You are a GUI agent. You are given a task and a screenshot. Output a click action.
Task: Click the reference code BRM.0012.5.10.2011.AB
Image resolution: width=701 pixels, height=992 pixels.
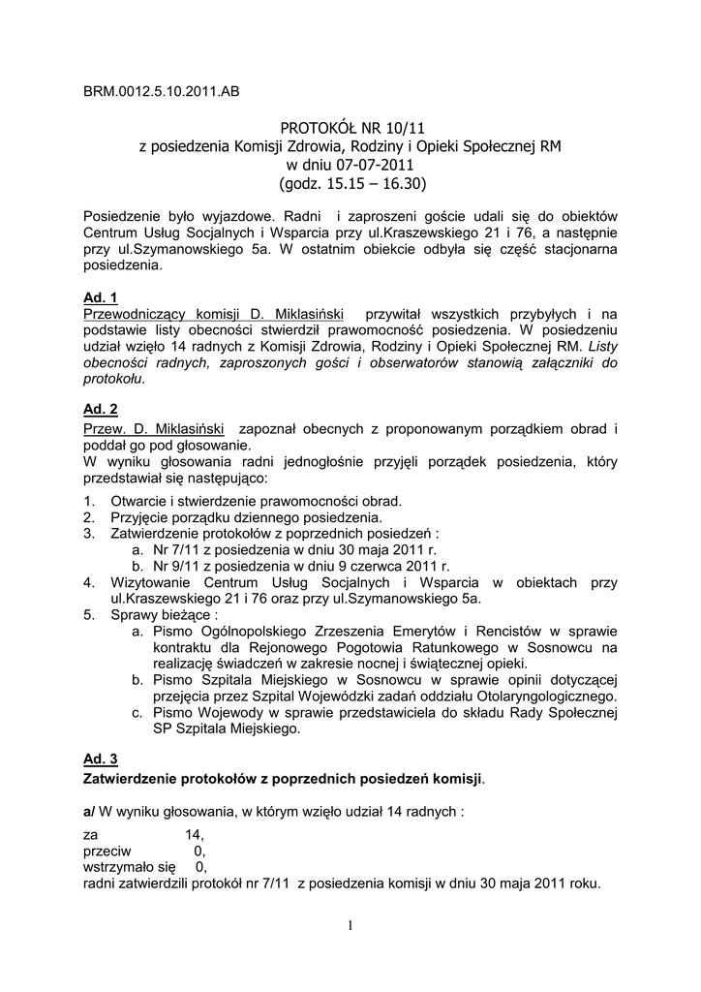pyautogui.click(x=162, y=92)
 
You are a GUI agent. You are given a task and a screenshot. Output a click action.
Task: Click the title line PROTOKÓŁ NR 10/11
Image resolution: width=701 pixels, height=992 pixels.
pyautogui.click(x=352, y=127)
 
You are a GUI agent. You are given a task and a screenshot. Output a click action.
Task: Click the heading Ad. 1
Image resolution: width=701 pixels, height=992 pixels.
pyautogui.click(x=101, y=298)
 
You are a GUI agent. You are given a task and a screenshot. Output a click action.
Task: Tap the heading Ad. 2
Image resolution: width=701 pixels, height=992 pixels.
pyautogui.click(x=101, y=410)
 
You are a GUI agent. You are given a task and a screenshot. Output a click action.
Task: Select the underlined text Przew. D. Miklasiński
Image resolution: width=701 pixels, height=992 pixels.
pyautogui.click(x=155, y=427)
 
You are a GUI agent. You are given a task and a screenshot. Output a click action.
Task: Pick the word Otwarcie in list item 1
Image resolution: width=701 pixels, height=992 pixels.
pyautogui.click(x=139, y=501)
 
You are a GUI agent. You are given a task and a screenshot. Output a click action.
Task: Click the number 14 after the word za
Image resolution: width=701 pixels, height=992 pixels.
pyautogui.click(x=194, y=834)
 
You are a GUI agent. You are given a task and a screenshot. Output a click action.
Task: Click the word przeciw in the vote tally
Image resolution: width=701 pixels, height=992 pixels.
pyautogui.click(x=107, y=851)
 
